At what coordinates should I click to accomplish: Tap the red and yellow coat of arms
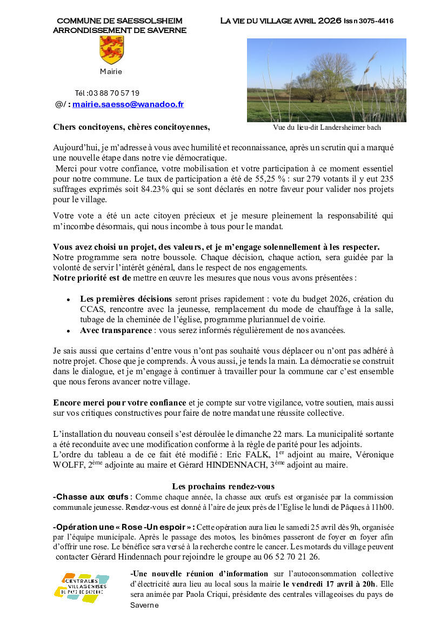(112, 50)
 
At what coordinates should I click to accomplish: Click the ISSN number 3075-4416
(375, 21)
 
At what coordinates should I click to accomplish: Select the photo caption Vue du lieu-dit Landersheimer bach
(327, 128)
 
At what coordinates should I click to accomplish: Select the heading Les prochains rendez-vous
(223, 486)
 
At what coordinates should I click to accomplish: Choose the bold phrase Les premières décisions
(126, 299)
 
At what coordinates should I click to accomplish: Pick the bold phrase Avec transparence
(116, 330)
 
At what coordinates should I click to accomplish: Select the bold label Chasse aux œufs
(91, 497)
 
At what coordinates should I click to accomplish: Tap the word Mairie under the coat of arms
(111, 71)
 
